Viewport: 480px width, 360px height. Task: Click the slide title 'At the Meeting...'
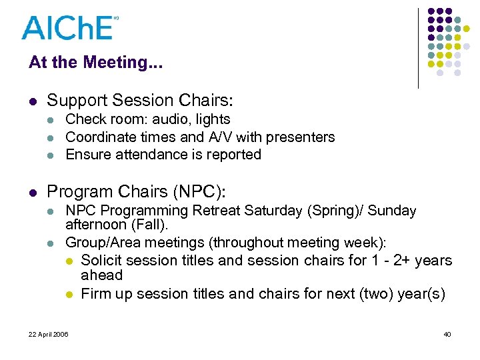point(95,63)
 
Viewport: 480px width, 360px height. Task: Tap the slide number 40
point(447,334)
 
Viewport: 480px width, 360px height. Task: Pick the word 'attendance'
point(148,154)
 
